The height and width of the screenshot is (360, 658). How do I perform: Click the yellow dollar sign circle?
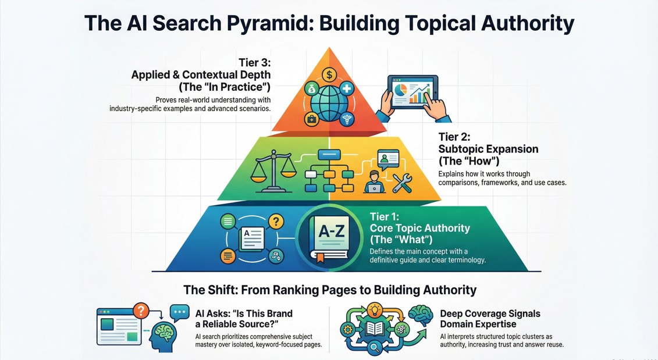(329, 74)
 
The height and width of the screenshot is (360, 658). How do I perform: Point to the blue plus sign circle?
(347, 89)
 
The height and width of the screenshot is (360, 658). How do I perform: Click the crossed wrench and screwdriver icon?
(403, 183)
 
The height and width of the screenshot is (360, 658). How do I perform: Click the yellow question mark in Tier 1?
(276, 221)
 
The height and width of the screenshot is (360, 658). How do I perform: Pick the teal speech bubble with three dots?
(180, 313)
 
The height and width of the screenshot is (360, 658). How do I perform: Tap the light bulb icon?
(374, 308)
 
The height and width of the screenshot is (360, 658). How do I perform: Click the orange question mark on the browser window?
(140, 310)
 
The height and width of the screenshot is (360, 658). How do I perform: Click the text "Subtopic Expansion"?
(488, 149)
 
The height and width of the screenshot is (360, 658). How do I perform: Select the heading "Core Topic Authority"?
(419, 228)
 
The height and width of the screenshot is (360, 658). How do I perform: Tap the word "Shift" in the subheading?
(222, 290)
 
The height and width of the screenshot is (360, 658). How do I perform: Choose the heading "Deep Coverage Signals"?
(490, 313)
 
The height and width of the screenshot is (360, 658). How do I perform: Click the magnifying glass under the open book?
(375, 348)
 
